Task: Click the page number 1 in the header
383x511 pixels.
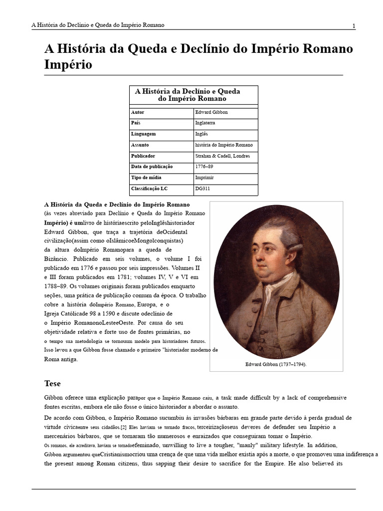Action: (354, 26)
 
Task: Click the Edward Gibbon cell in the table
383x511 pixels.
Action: (211, 112)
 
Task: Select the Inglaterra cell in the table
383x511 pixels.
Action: (206, 123)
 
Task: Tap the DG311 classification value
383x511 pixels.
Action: (203, 189)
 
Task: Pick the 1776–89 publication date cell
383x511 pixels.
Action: (204, 167)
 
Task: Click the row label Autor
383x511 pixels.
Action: (138, 112)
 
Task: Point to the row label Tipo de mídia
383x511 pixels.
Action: (146, 178)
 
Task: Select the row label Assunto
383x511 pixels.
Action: (140, 145)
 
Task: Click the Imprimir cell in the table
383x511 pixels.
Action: (205, 178)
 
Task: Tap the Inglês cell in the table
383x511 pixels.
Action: (201, 134)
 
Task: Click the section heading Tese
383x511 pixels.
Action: (52, 384)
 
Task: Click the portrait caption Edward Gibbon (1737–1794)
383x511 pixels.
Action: (276, 364)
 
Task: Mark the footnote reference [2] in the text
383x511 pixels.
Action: (123, 427)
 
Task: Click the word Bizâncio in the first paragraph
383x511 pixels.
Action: (57, 259)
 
